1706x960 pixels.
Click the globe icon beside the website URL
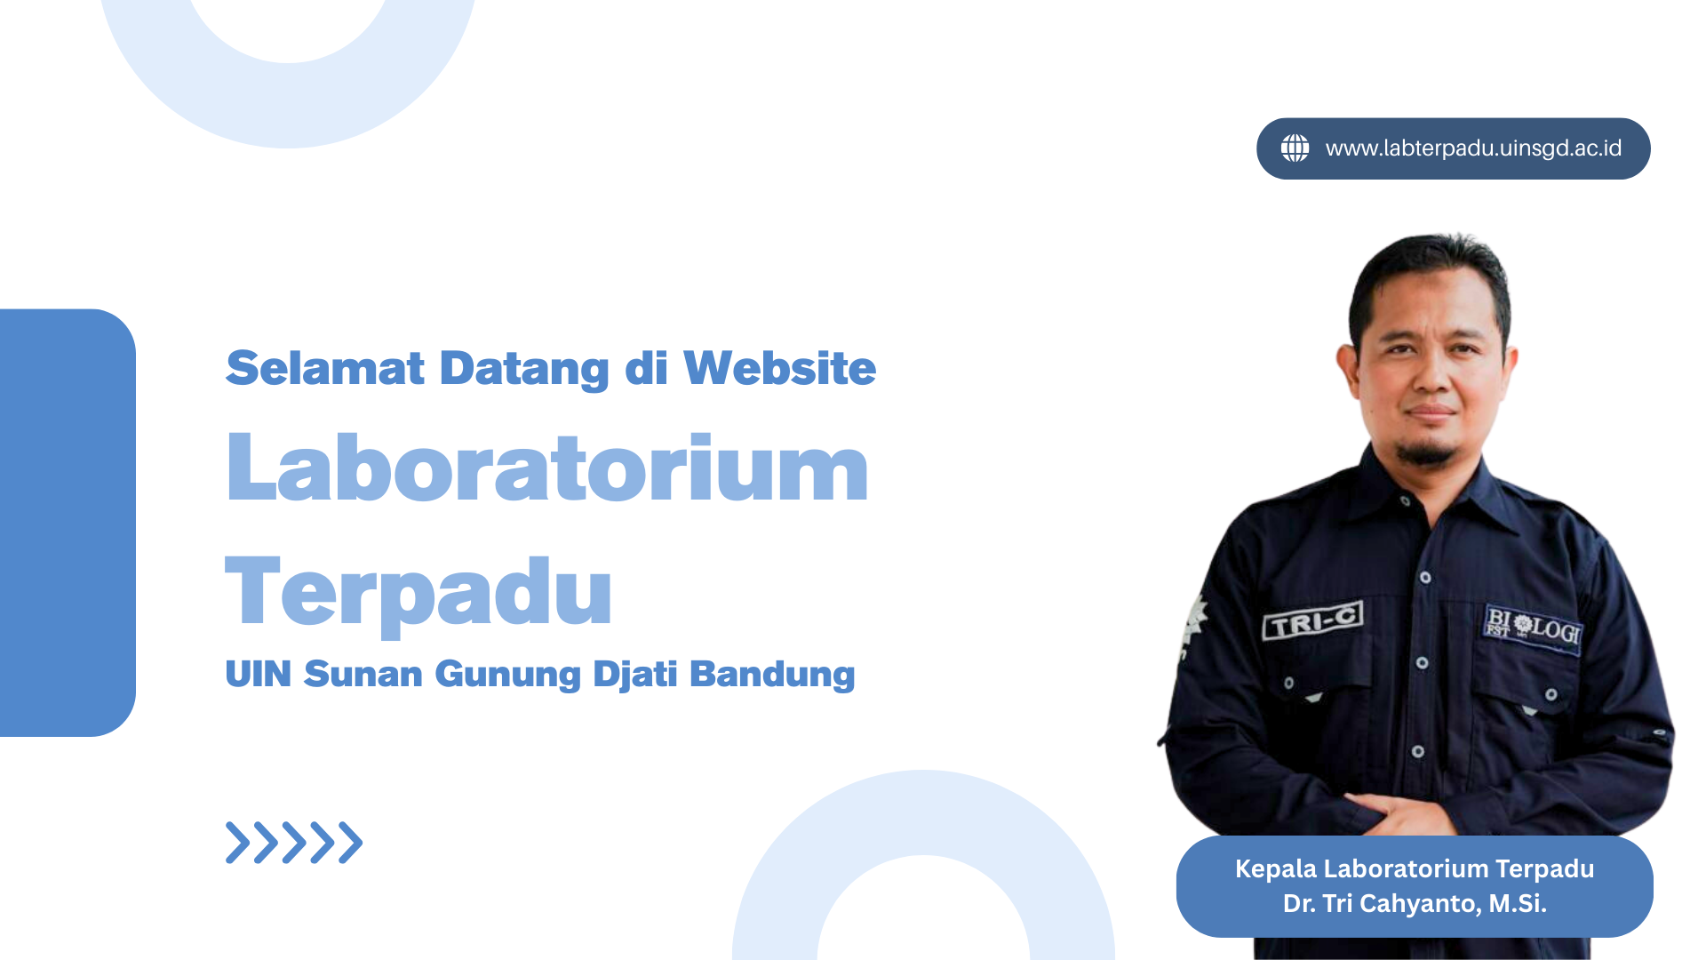[1295, 148]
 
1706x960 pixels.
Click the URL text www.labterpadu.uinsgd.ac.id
[1473, 148]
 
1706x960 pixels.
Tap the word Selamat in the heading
[325, 368]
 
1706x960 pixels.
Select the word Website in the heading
[779, 368]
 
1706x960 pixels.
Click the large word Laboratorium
[547, 468]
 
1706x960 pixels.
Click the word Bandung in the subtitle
[772, 675]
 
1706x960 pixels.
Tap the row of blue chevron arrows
[294, 843]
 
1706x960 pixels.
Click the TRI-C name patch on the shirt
[1313, 620]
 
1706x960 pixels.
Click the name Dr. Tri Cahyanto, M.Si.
[1415, 904]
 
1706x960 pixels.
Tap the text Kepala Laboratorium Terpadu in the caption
[1415, 869]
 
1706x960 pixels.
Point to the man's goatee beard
[1427, 452]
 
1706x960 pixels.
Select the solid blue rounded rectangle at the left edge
[68, 523]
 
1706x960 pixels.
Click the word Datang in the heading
[524, 369]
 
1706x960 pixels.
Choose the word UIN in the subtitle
[259, 675]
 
